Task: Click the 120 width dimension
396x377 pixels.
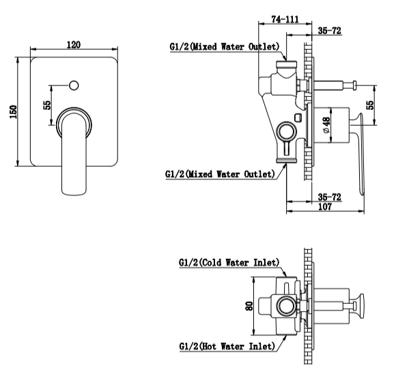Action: pyautogui.click(x=74, y=44)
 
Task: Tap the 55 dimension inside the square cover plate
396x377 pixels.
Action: pyautogui.click(x=47, y=105)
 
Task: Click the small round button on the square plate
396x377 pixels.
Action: pyautogui.click(x=74, y=85)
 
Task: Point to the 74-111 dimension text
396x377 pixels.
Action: pyautogui.click(x=285, y=19)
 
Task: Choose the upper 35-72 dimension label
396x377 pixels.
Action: pyautogui.click(x=330, y=31)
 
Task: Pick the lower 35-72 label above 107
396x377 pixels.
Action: pyautogui.click(x=330, y=197)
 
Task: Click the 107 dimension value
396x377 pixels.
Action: pyautogui.click(x=325, y=206)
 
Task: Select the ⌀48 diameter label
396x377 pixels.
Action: pyautogui.click(x=326, y=125)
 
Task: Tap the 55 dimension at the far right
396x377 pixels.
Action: pyautogui.click(x=369, y=105)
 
